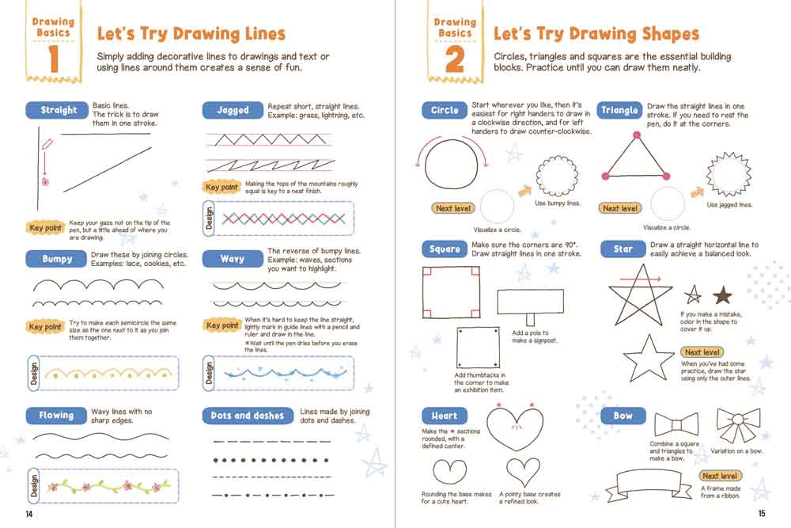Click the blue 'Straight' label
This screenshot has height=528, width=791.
click(x=58, y=110)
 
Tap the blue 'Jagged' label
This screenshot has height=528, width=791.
click(x=233, y=110)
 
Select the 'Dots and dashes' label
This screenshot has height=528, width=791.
click(x=248, y=416)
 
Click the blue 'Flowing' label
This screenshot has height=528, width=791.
click(x=56, y=416)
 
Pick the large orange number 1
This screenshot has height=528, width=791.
click(x=54, y=59)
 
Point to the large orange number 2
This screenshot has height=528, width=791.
click(x=455, y=59)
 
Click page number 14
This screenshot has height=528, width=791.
click(x=28, y=514)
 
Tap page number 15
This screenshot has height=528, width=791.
click(x=762, y=514)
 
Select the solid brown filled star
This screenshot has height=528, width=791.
click(x=722, y=294)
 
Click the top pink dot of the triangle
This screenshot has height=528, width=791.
click(x=637, y=135)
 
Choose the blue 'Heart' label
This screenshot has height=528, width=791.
click(x=445, y=416)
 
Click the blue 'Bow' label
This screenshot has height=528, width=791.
click(x=623, y=416)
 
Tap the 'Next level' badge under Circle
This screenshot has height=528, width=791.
click(x=453, y=208)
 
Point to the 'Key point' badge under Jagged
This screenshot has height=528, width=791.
click(x=221, y=188)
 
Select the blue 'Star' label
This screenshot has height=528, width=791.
click(x=623, y=249)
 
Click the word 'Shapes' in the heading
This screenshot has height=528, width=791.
click(x=671, y=34)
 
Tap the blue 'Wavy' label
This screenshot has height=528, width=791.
click(x=233, y=259)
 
